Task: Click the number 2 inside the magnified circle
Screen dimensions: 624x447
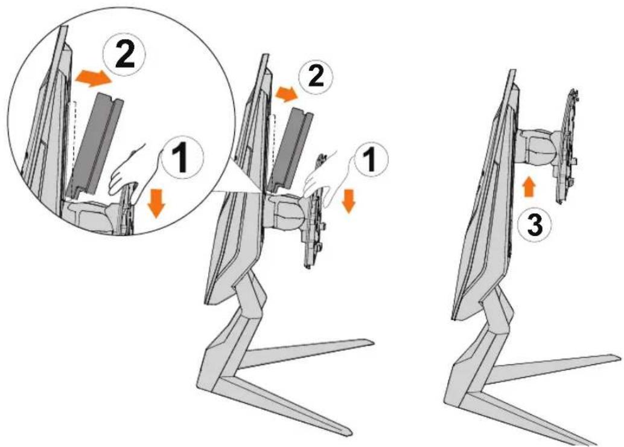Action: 125,56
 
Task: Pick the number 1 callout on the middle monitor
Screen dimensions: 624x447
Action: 369,159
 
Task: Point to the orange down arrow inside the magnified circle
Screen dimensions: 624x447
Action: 156,204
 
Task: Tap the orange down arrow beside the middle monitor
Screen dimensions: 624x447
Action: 349,201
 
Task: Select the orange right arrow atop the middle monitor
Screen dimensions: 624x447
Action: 286,94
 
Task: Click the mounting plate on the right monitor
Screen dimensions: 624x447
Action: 570,146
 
